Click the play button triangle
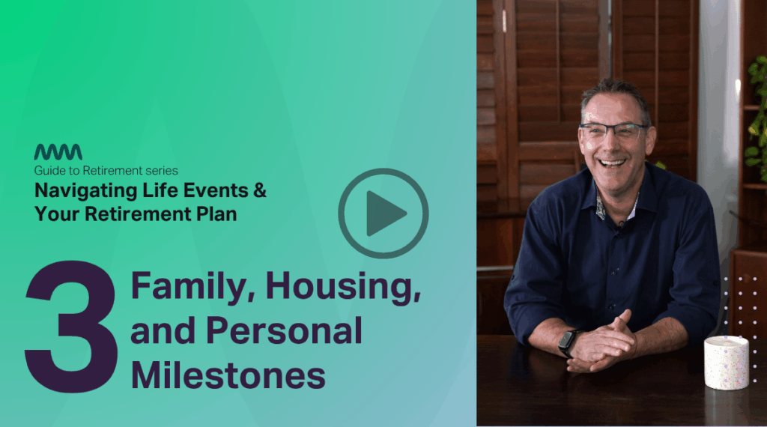click(x=384, y=213)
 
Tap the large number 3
click(x=72, y=326)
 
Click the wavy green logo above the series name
click(x=58, y=152)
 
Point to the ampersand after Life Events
click(x=260, y=190)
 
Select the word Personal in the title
click(x=284, y=330)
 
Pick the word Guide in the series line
click(x=48, y=171)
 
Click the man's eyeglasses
click(x=614, y=130)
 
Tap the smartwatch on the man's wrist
click(x=568, y=342)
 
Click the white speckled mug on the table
click(x=727, y=363)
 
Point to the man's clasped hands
click(x=601, y=344)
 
